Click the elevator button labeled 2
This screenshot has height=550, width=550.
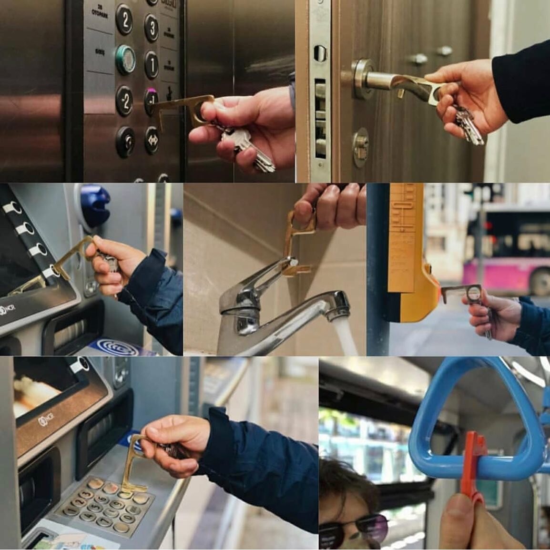click(x=124, y=19)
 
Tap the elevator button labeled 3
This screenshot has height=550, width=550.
click(x=151, y=28)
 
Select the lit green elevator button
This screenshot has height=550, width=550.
click(x=125, y=59)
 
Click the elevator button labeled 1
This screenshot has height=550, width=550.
click(x=151, y=65)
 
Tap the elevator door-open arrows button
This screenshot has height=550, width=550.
click(x=151, y=140)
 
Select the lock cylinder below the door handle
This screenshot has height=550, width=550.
click(x=361, y=147)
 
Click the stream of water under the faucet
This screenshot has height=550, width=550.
click(x=346, y=336)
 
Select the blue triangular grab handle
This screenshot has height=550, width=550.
click(x=477, y=419)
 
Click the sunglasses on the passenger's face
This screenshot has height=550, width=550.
click(x=353, y=527)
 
